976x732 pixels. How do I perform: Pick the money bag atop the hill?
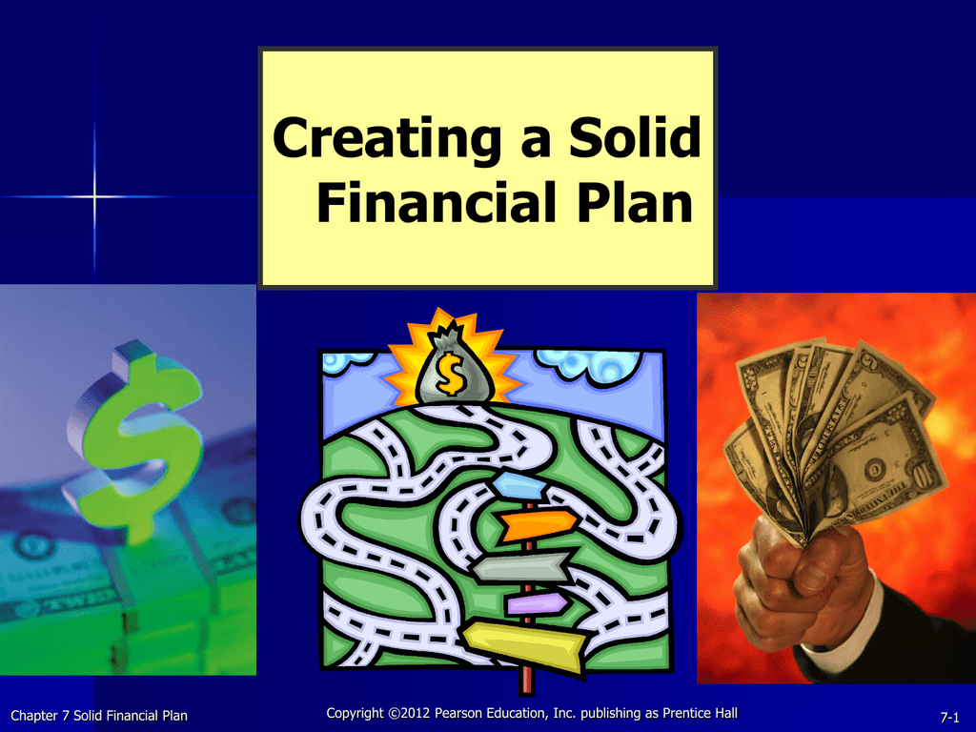(x=453, y=367)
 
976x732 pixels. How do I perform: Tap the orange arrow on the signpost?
(x=538, y=525)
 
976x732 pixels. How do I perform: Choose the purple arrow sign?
(x=537, y=602)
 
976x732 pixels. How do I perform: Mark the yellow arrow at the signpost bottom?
(x=524, y=646)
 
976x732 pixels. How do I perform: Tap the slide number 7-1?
(x=950, y=717)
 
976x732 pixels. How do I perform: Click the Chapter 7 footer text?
(x=99, y=716)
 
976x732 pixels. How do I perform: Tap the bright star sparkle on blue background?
(x=94, y=196)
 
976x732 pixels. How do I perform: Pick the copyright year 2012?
(x=416, y=713)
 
